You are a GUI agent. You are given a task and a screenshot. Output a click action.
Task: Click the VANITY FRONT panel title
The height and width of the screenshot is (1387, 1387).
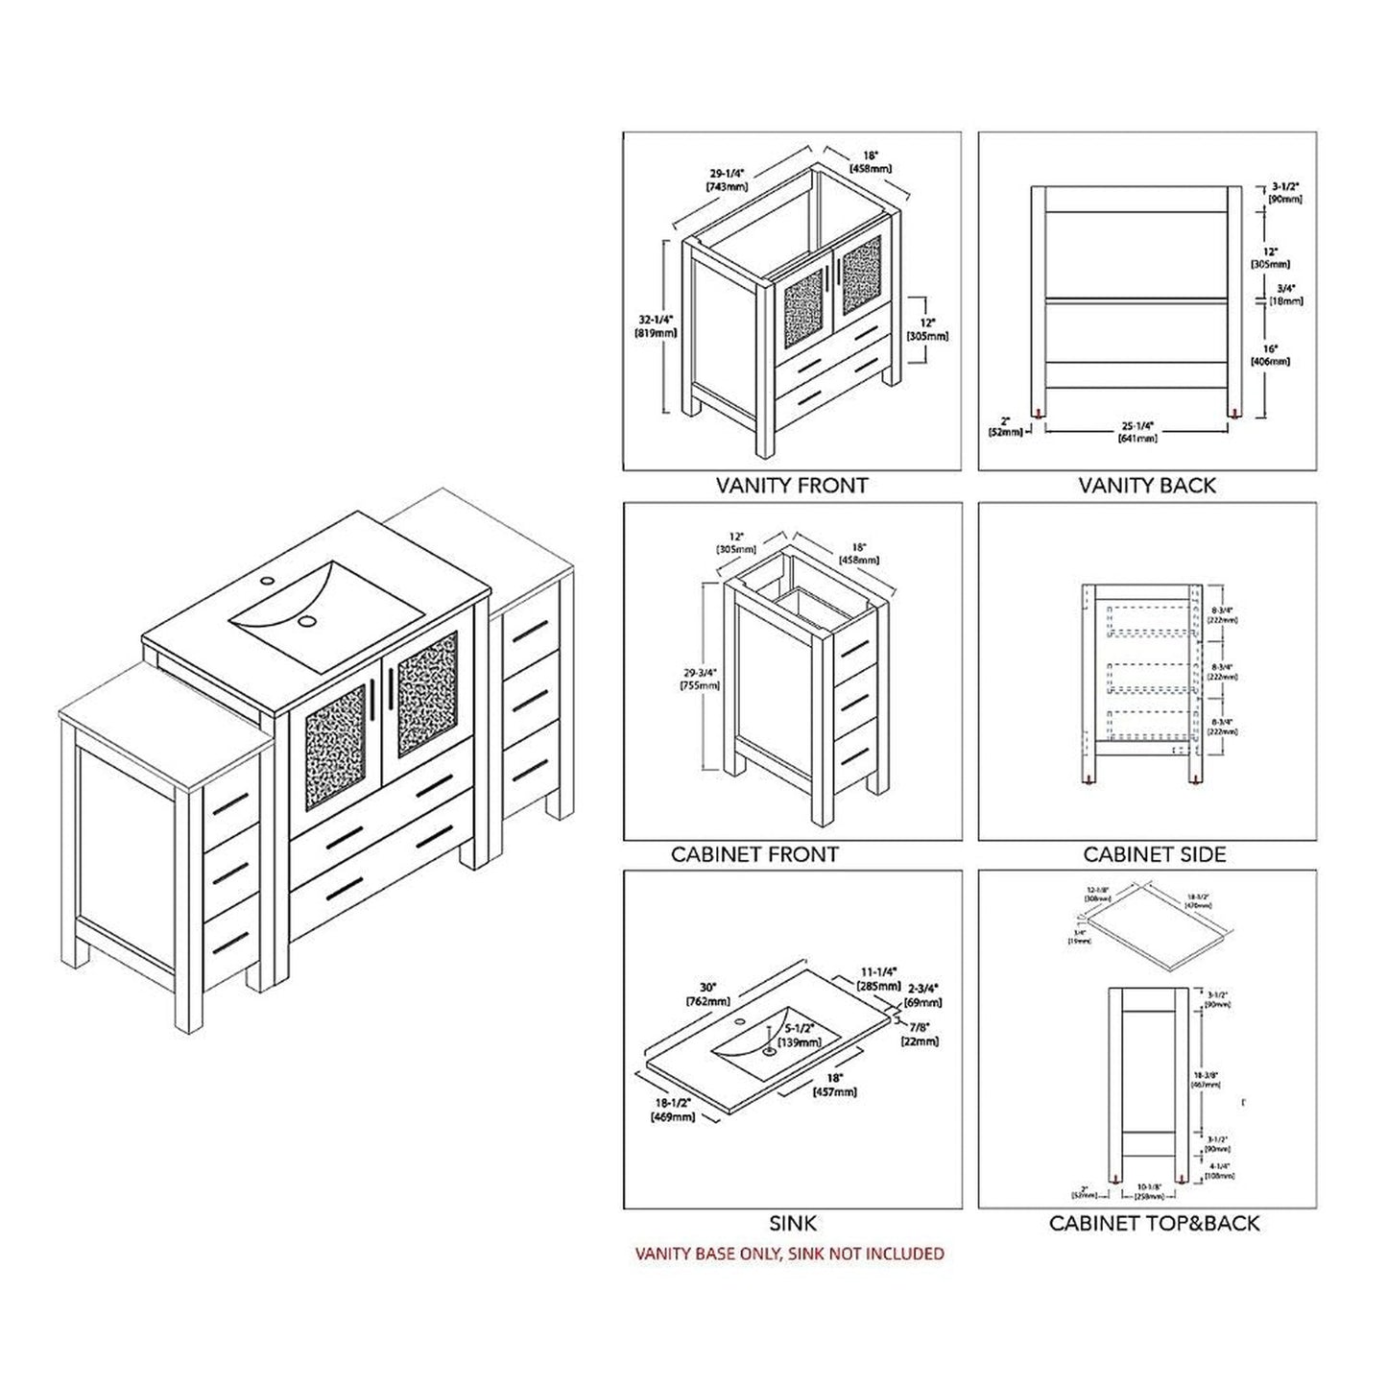(x=792, y=486)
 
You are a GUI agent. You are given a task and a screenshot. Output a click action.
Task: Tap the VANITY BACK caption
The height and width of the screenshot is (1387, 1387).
(x=1147, y=486)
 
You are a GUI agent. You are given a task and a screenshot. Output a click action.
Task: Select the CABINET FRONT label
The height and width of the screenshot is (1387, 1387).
(x=754, y=854)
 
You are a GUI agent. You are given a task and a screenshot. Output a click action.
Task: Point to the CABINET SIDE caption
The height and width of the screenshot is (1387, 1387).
(x=1155, y=854)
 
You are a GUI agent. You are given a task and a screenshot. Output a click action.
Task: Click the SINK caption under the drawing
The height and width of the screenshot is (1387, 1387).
(x=793, y=1223)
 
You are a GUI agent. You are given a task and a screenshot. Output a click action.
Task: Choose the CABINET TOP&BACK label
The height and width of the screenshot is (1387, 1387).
(x=1154, y=1223)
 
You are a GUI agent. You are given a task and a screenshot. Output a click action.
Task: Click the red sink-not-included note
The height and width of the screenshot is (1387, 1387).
(x=790, y=1254)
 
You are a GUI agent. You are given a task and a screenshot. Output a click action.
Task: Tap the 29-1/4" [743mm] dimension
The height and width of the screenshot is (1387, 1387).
(x=727, y=180)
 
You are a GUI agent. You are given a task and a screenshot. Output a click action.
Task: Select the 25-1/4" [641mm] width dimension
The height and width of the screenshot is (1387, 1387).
(x=1137, y=431)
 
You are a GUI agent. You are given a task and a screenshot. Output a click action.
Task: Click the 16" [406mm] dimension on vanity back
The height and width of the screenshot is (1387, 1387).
(x=1271, y=355)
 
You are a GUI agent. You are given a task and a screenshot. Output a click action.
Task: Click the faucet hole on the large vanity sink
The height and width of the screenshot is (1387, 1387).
(x=270, y=580)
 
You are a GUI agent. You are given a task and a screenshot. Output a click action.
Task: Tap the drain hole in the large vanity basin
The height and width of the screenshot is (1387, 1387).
(x=307, y=621)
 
